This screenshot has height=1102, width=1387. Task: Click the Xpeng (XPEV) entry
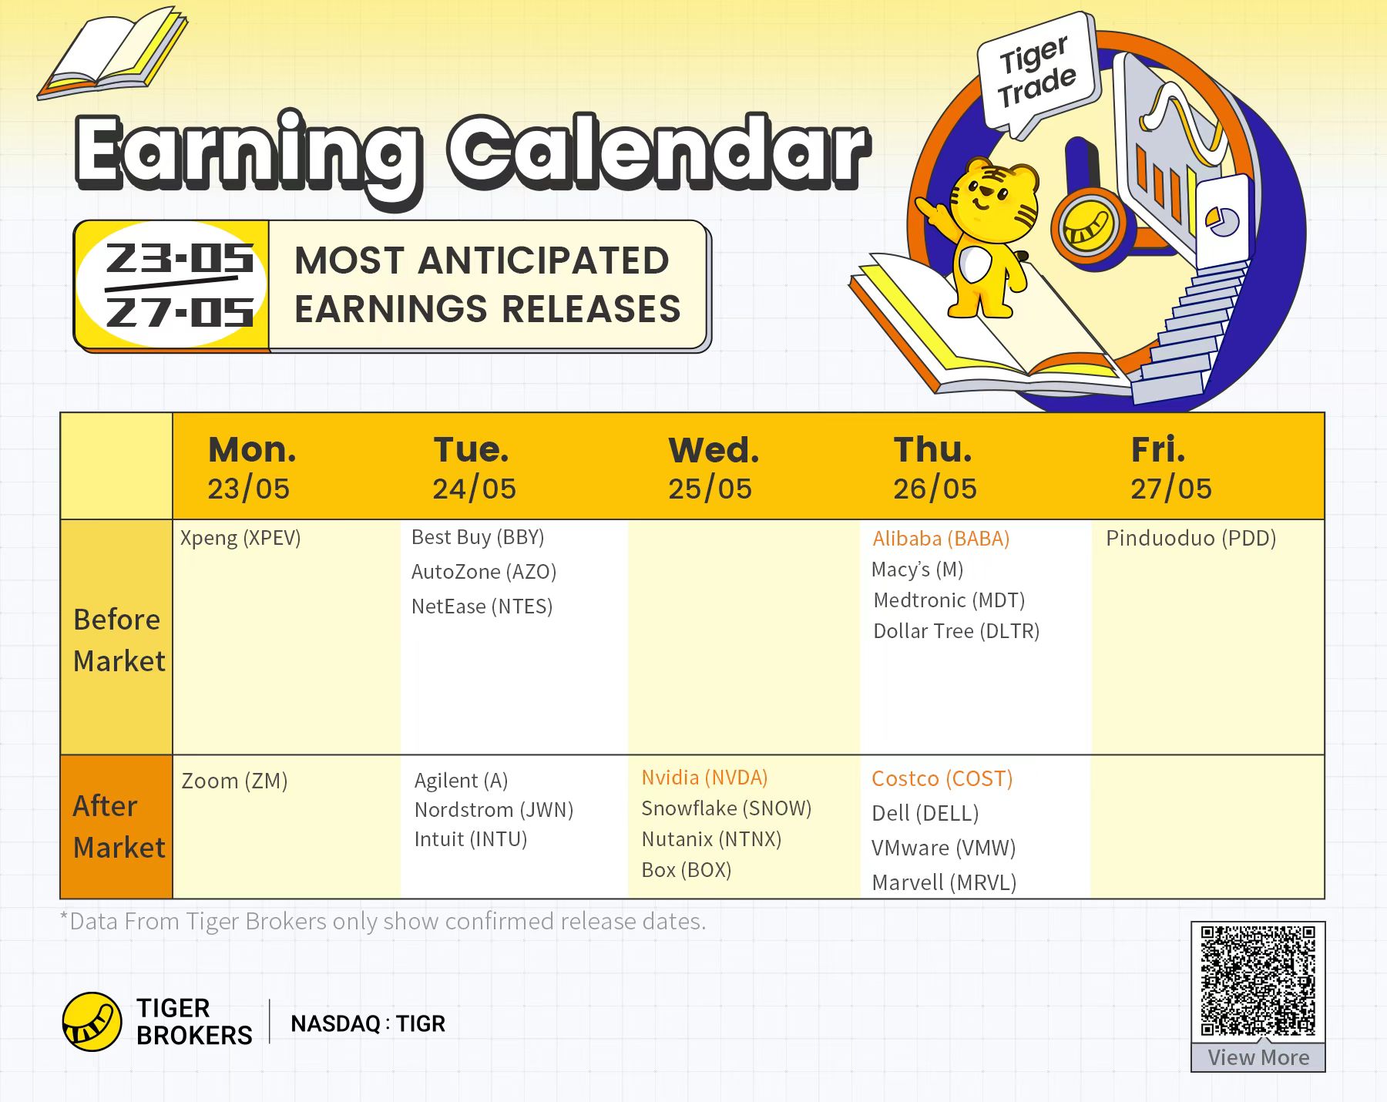click(240, 538)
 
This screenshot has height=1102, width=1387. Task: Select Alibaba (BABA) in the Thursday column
click(941, 539)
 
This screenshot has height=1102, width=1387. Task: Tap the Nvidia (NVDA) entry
click(704, 778)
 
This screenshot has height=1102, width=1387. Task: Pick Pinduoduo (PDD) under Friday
click(1191, 538)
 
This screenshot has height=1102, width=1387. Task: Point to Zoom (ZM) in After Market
click(234, 781)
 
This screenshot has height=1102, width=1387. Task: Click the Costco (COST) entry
click(942, 778)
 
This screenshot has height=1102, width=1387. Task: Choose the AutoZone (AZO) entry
click(484, 572)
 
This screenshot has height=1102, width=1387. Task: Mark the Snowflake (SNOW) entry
click(727, 808)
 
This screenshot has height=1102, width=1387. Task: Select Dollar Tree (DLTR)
click(956, 631)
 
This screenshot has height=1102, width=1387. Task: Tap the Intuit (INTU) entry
click(471, 839)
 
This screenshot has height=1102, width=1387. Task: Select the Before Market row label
click(119, 640)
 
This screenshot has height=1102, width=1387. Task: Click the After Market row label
click(119, 827)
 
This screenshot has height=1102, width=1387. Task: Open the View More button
click(1258, 1057)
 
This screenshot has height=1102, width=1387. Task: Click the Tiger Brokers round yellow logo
click(92, 1022)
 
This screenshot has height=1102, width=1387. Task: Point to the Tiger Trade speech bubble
click(1037, 72)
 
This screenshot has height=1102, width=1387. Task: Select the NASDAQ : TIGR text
click(368, 1023)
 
